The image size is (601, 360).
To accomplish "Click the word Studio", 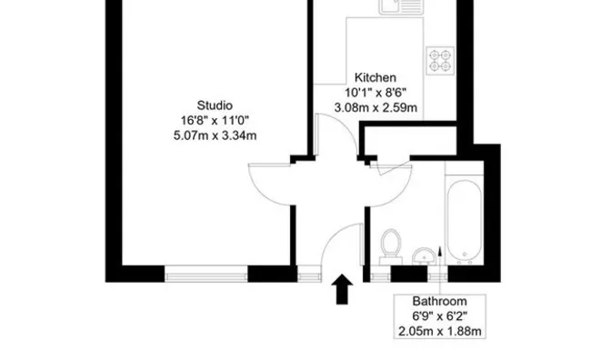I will [x=215, y=104].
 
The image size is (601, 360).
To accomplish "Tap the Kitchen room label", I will [x=376, y=76].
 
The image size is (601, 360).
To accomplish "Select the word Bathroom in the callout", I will [x=439, y=302].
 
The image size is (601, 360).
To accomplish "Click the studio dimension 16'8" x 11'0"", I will [x=215, y=120].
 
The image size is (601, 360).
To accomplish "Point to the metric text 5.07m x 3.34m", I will [x=215, y=136].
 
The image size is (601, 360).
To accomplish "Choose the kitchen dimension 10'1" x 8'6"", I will [x=376, y=92].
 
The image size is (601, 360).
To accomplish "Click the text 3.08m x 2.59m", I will [x=376, y=107].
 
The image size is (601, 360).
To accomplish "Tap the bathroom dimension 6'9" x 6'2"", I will [x=439, y=316].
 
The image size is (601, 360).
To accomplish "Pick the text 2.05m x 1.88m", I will [x=439, y=332].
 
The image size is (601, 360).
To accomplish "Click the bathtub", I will [x=467, y=218].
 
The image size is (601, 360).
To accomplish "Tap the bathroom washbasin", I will [x=424, y=254].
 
